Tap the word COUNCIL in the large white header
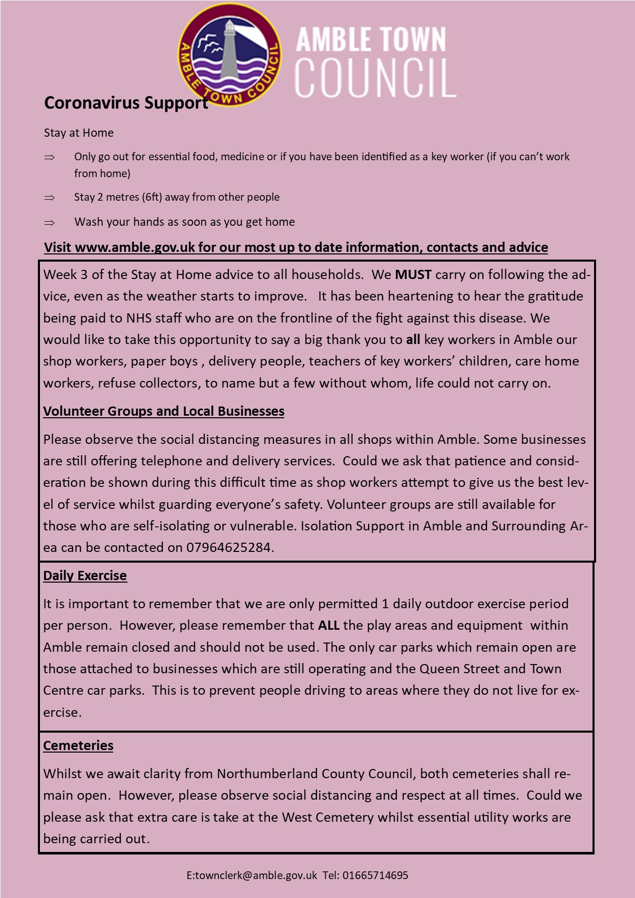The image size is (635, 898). [375, 78]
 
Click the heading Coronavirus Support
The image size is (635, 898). [126, 103]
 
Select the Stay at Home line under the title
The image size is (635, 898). [79, 133]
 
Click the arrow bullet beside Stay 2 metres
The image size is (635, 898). [49, 198]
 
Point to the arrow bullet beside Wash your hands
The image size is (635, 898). [49, 222]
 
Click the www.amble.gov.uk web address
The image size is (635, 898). [135, 247]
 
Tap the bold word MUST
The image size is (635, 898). [413, 275]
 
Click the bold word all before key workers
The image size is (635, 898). [413, 340]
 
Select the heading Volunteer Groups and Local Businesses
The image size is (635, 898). [163, 412]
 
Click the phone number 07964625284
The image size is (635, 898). [228, 548]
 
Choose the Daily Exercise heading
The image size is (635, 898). [85, 576]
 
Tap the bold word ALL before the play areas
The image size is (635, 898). [329, 626]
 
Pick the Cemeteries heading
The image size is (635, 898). [78, 746]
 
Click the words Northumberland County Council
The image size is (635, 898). [314, 774]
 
